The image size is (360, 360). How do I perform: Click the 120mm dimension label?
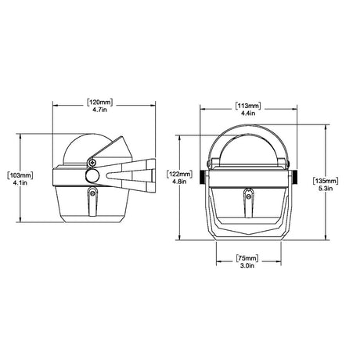99,103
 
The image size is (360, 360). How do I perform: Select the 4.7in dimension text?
99,111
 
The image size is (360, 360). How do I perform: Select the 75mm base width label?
248,257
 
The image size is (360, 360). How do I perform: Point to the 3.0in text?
248,267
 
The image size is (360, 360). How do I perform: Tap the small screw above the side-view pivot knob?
93,163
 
